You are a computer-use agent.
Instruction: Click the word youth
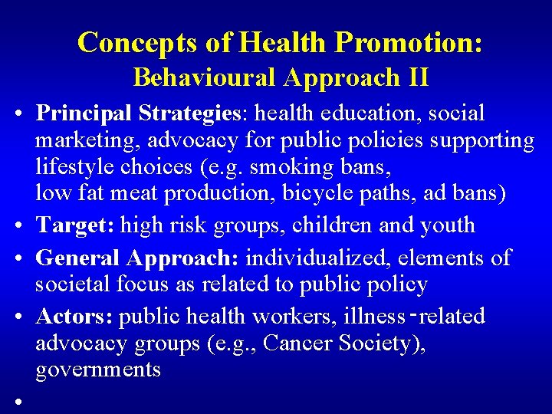click(447, 225)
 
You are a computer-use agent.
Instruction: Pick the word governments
click(98, 370)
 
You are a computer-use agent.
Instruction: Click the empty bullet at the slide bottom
click(16, 400)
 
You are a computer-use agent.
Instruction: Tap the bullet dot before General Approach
click(16, 259)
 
